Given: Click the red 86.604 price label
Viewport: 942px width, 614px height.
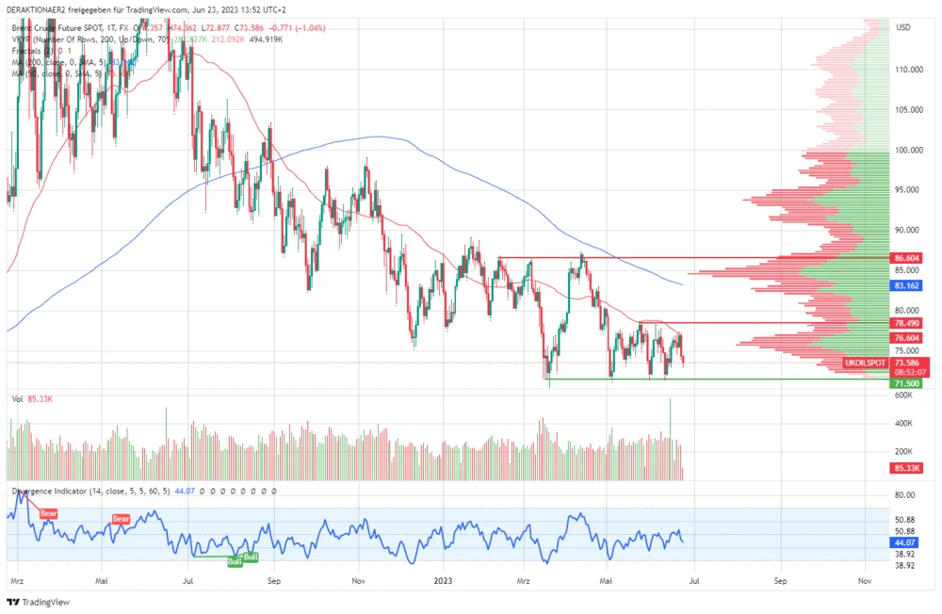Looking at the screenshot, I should tap(907, 257).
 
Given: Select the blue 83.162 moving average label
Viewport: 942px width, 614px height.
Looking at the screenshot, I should tap(907, 284).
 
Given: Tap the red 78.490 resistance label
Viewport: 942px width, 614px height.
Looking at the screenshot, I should tap(907, 323).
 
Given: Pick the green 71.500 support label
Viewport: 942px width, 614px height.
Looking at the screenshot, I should tap(907, 384).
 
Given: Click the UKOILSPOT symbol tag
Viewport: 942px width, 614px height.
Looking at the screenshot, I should tap(864, 363).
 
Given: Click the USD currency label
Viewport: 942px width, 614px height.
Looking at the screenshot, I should tap(902, 27).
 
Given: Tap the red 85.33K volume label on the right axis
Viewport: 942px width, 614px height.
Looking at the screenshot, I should tap(907, 468).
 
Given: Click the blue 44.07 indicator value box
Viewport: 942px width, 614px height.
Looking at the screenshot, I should tap(904, 543).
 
